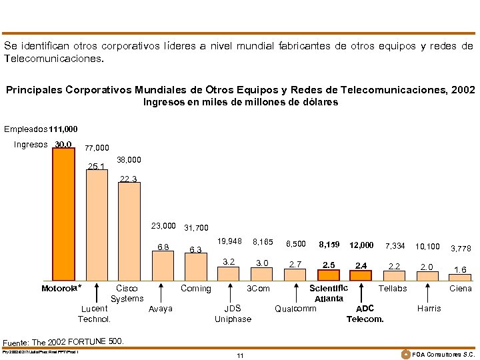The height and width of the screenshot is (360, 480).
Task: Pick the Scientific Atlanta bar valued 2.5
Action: [x=329, y=275]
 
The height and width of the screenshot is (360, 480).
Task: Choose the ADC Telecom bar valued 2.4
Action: [x=361, y=275]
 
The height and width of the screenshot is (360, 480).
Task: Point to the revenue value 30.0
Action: [x=64, y=144]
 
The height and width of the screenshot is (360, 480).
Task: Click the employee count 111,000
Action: [x=63, y=129]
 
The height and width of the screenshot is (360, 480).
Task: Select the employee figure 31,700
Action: [x=195, y=227]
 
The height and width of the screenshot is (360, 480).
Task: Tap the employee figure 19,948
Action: [x=229, y=241]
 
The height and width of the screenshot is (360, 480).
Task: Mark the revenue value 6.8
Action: [x=163, y=247]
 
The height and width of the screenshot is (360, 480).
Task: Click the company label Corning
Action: [x=195, y=289]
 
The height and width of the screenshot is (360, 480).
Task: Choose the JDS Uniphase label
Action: [x=233, y=314]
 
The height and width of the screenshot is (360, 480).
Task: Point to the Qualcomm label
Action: [x=295, y=309]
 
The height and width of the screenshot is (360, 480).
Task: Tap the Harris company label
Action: [x=428, y=309]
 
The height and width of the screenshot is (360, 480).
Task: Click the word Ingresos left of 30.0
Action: [x=31, y=145]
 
